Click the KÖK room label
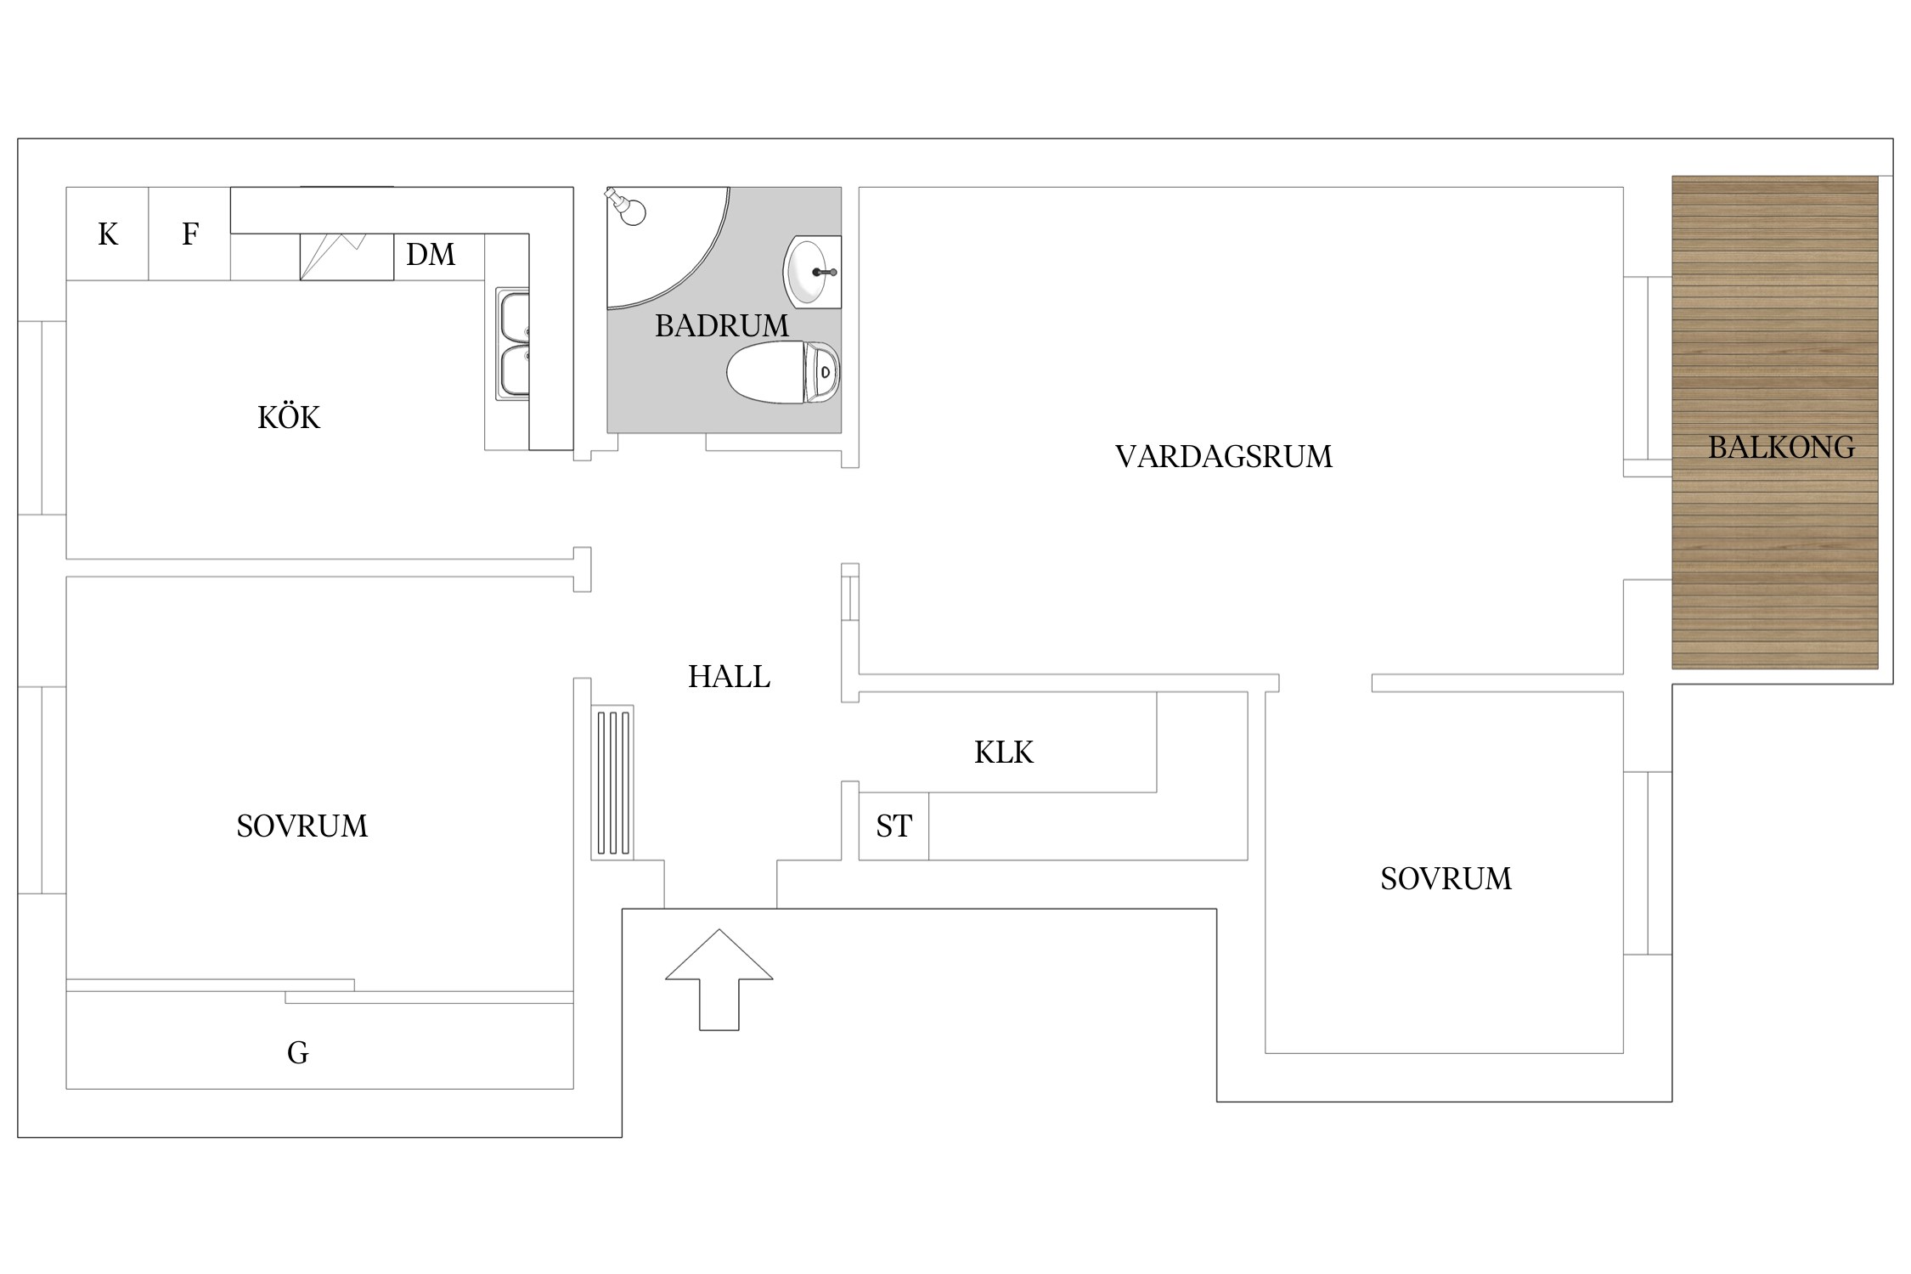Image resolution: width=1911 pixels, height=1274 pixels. coord(289,418)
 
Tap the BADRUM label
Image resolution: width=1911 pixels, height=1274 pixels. coord(721,326)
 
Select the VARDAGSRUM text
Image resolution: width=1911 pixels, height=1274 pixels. coord(1223,457)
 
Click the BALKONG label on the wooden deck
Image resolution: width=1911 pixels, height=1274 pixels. coord(1781,448)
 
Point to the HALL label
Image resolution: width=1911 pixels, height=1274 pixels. coord(729,677)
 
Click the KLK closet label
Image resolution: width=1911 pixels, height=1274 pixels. coord(1003,753)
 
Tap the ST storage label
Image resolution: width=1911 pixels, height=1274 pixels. coord(893,826)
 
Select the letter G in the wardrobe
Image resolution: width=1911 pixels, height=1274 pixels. coord(297,1053)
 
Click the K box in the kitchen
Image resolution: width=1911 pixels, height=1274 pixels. coord(108,234)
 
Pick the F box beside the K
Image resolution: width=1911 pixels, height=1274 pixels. coord(190,234)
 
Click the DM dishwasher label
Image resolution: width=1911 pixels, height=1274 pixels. coord(431,255)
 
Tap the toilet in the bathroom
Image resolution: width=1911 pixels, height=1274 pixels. coord(781,372)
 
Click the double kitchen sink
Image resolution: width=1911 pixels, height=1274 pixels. coord(513,344)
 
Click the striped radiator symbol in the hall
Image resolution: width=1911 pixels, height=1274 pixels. coord(613,782)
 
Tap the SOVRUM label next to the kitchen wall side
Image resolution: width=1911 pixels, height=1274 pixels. coord(302,826)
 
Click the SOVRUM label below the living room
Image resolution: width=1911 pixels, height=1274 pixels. coord(1446,879)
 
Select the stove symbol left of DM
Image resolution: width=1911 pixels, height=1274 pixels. coord(347,256)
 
